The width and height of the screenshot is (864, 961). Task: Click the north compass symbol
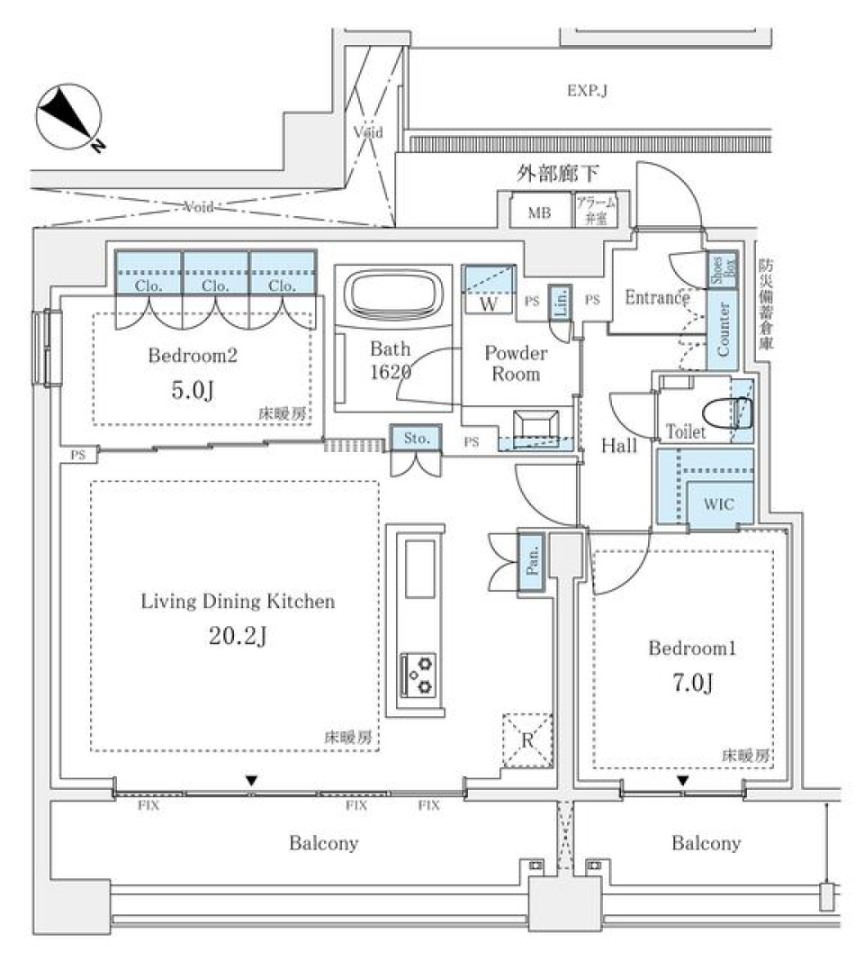tap(68, 117)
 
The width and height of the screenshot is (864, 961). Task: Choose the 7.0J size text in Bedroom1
tap(692, 684)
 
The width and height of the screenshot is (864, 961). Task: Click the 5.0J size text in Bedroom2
tap(193, 391)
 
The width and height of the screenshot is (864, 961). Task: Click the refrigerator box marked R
tap(525, 739)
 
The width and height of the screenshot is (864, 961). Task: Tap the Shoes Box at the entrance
tap(723, 269)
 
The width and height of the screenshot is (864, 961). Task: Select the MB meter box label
tap(538, 213)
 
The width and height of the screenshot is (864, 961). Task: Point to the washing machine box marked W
tap(489, 298)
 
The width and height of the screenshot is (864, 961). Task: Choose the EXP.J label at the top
tap(586, 91)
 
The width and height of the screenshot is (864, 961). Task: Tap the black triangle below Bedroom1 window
tap(684, 780)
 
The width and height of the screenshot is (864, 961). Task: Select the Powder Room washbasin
tap(535, 424)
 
